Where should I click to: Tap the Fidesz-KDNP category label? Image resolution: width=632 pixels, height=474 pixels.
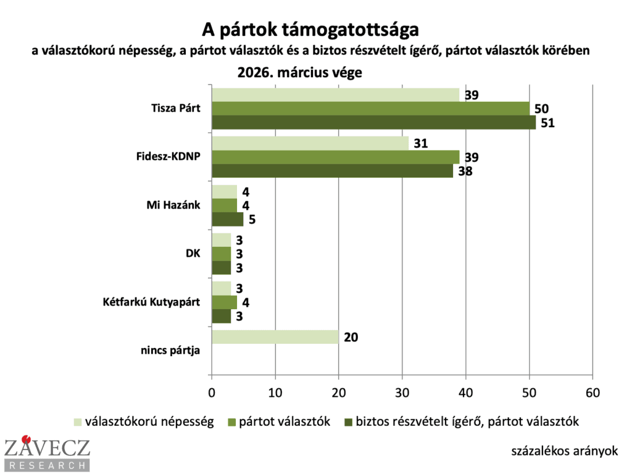170,157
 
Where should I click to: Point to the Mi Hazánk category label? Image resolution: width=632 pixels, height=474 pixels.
175,206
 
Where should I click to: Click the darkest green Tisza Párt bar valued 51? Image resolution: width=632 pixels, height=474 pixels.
373,122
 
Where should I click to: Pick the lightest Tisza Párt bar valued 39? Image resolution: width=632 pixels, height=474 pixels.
335,94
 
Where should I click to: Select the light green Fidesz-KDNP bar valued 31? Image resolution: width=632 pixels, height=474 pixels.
310,143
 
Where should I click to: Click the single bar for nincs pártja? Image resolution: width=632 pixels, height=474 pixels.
275,337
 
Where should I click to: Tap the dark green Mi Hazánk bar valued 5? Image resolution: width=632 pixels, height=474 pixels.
227,219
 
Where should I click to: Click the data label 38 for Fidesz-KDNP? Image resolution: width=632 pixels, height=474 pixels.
464,171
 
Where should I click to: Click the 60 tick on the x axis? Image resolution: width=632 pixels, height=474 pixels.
592,391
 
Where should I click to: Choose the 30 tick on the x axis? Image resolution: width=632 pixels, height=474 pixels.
402,391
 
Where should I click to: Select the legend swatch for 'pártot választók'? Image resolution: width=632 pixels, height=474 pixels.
234,422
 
